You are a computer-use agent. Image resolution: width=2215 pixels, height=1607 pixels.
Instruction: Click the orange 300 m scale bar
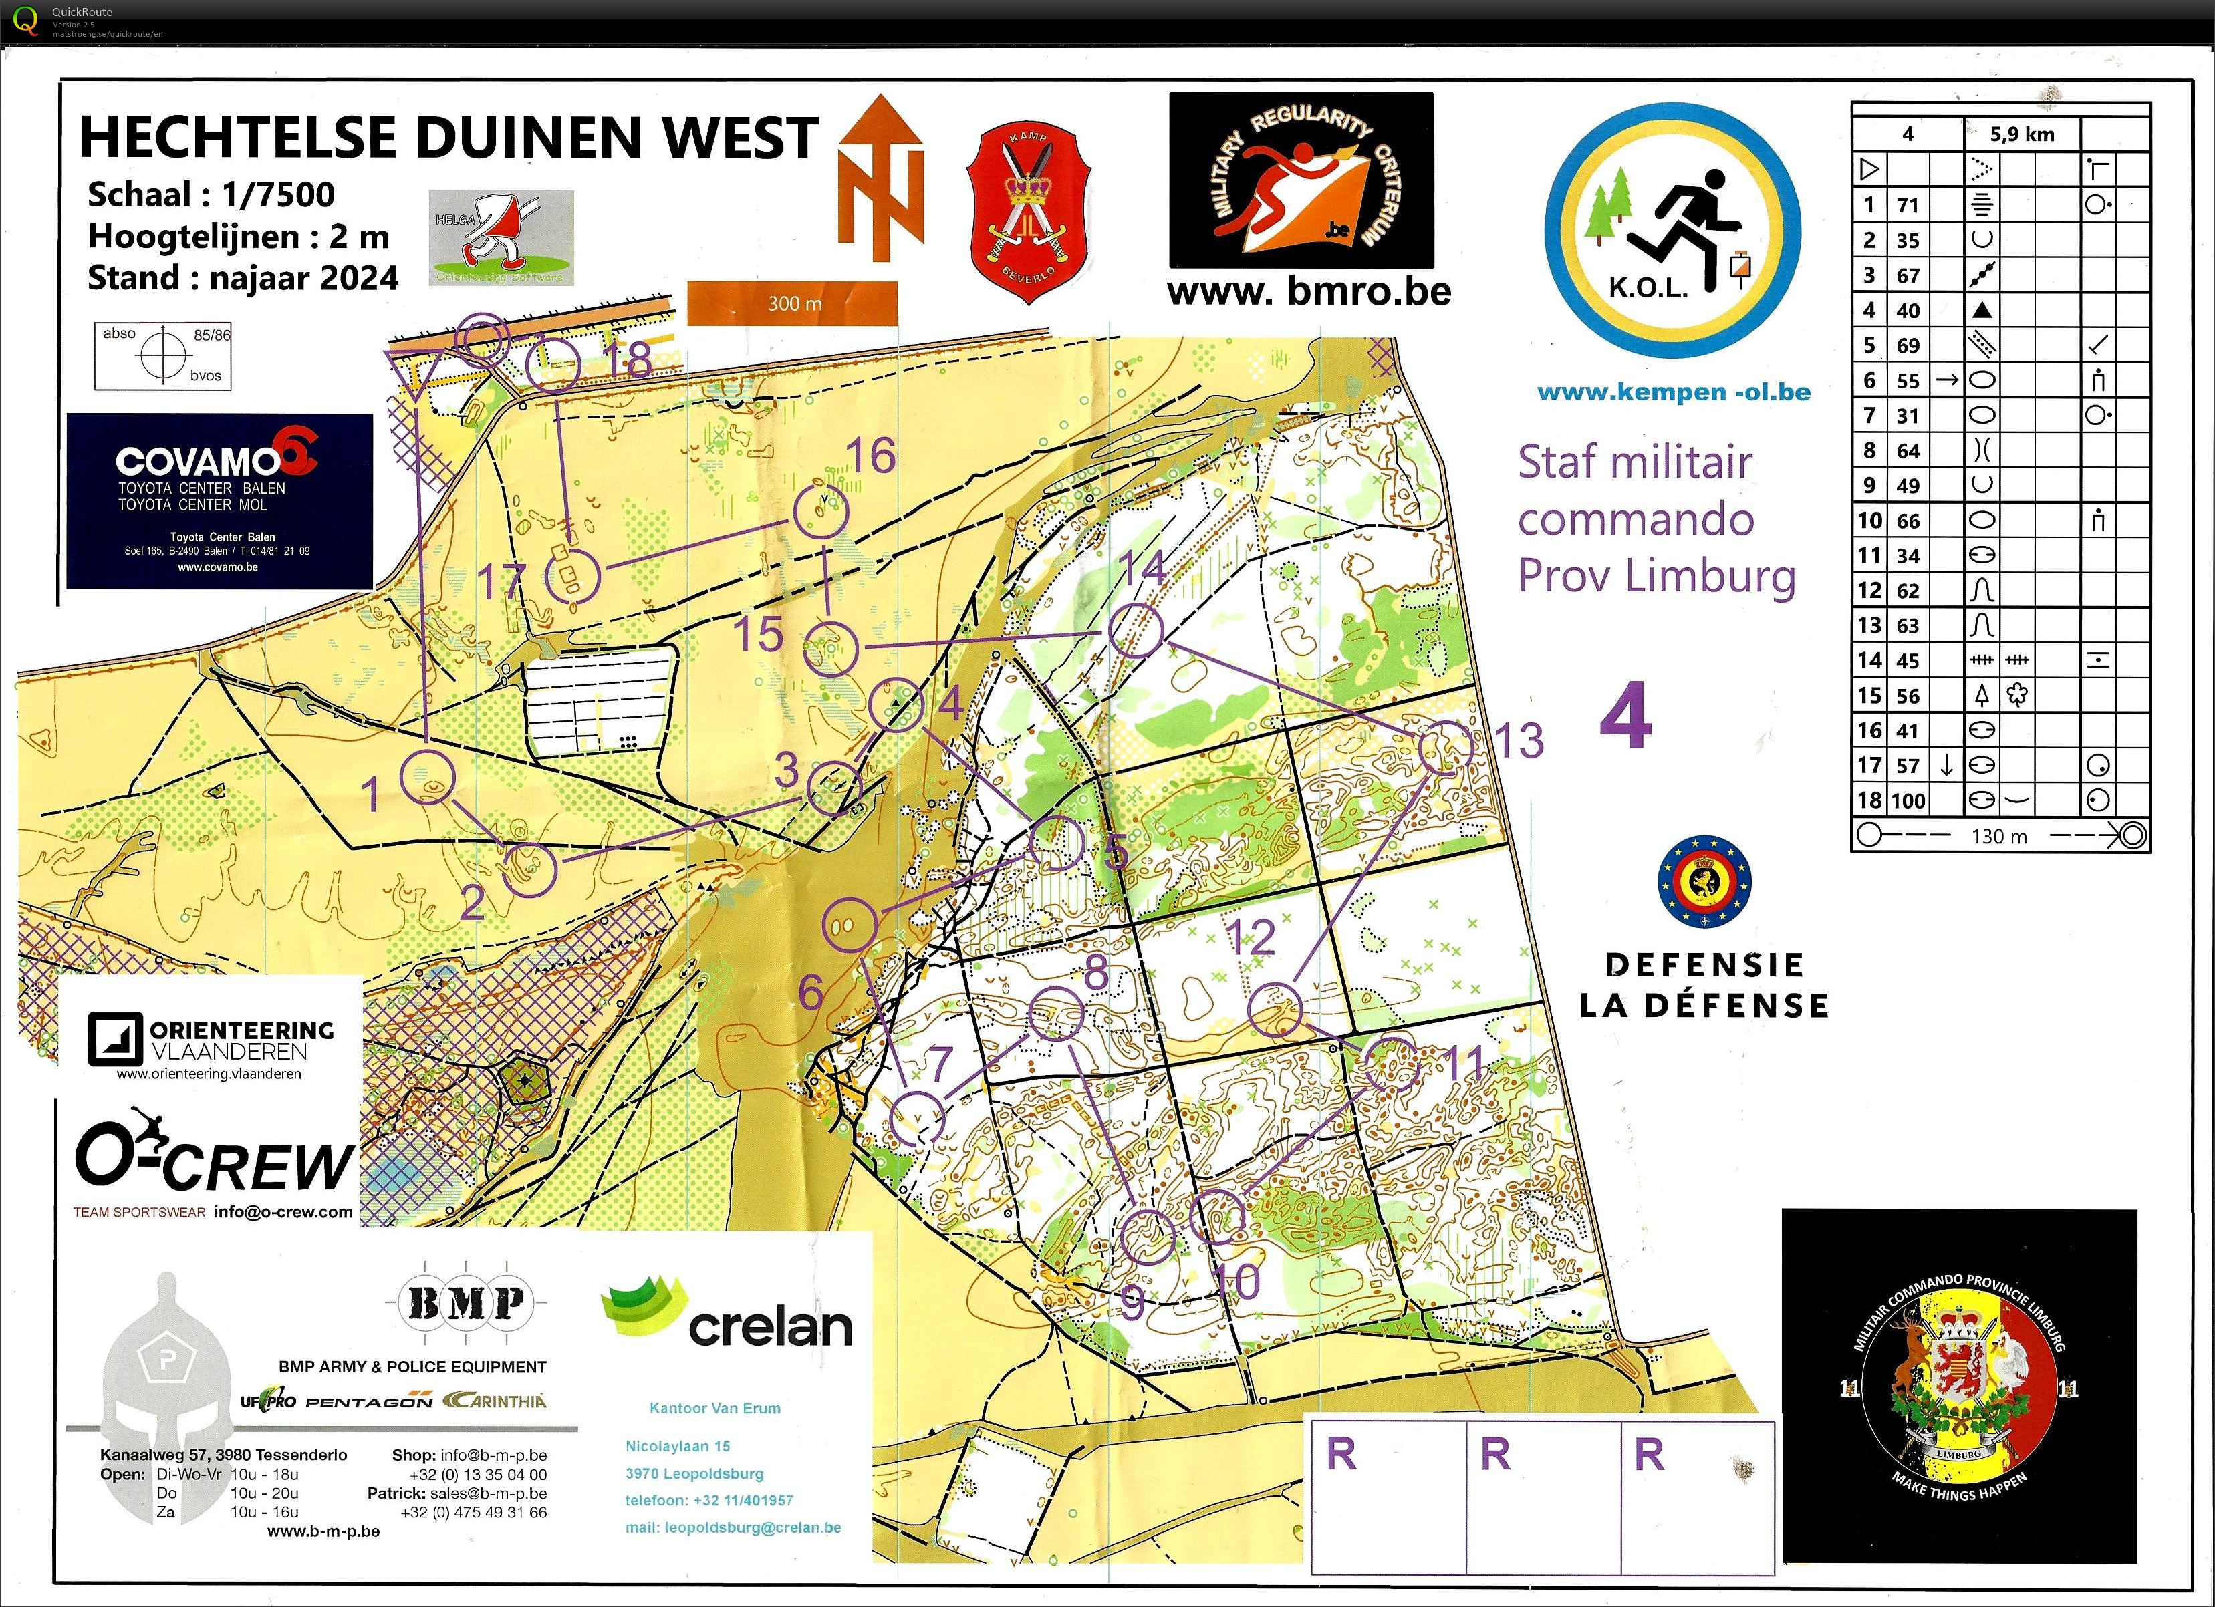(792, 303)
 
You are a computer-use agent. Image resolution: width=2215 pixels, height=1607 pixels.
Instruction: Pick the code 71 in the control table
(1908, 205)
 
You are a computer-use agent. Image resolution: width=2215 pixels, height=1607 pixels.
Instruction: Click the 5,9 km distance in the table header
(2022, 134)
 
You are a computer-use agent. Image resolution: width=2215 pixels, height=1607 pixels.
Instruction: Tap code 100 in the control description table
(1908, 800)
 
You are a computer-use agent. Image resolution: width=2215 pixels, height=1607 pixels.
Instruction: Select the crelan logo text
(771, 1326)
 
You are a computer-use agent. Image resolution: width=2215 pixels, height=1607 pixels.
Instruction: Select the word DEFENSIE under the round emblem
(1703, 965)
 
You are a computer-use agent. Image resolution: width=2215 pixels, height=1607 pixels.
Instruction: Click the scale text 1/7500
(278, 194)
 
